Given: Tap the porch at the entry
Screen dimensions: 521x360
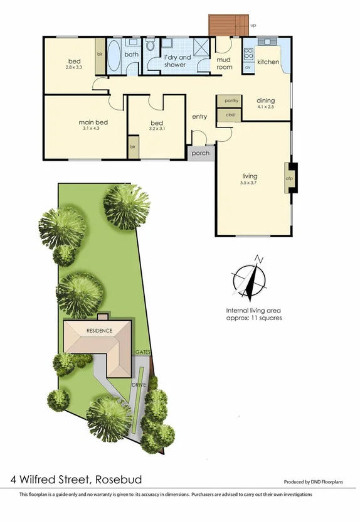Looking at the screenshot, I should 201,153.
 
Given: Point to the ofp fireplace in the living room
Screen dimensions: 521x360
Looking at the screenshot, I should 290,178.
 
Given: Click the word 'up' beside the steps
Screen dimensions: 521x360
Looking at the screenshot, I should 253,25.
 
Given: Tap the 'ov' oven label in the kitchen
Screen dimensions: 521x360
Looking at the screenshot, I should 248,66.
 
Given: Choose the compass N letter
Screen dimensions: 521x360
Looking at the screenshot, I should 258,259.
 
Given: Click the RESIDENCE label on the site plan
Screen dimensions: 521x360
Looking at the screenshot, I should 99,331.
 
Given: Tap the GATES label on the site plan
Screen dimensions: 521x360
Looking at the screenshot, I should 143,353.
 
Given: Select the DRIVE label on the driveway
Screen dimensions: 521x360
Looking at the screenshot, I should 139,384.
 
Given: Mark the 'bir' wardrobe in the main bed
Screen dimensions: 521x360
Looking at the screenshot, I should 133,146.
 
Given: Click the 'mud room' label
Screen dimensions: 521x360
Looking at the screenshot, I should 224,63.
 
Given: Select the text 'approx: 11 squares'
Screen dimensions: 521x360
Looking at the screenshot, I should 255,318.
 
